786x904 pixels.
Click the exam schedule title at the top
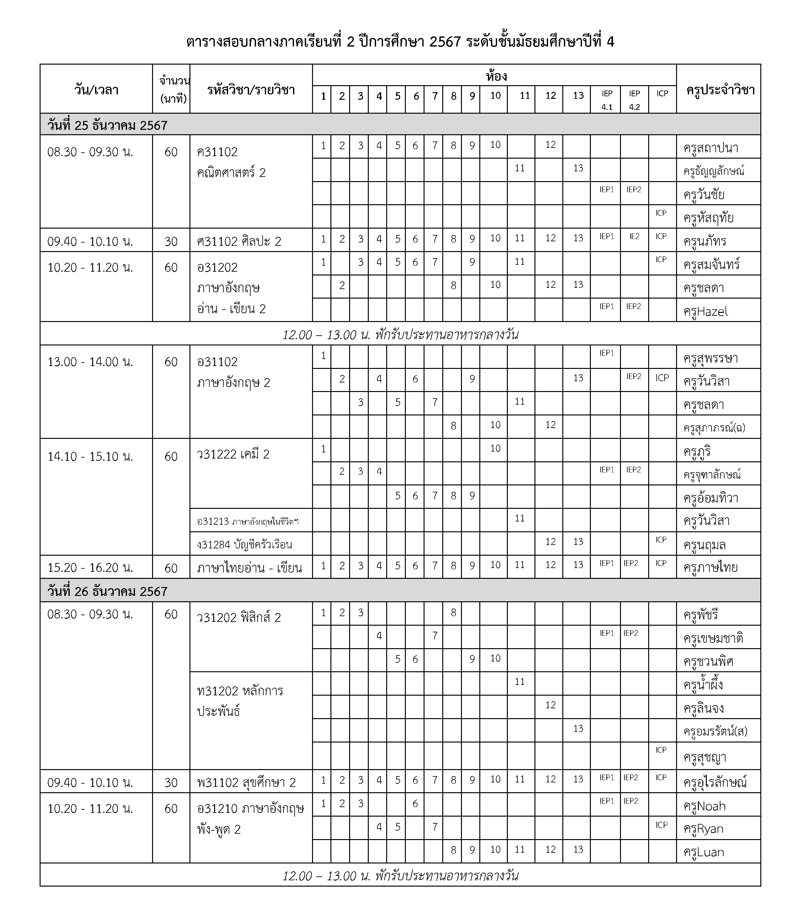(x=400, y=42)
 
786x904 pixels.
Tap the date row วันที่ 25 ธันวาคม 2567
(x=107, y=125)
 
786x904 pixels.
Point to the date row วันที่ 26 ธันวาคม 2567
(x=107, y=591)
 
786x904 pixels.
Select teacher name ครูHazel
(x=705, y=311)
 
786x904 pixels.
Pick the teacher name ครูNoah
(x=704, y=806)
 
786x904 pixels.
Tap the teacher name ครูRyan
(x=704, y=829)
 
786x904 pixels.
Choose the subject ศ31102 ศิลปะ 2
(x=239, y=241)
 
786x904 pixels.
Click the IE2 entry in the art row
(x=634, y=237)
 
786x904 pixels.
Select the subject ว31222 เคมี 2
(x=233, y=454)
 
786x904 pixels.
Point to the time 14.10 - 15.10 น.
(x=90, y=456)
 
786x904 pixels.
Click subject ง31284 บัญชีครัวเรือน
(x=244, y=545)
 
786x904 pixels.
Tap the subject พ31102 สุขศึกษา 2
(x=246, y=782)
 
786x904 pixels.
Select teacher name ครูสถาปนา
(x=711, y=148)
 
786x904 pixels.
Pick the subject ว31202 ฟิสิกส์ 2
(x=239, y=617)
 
